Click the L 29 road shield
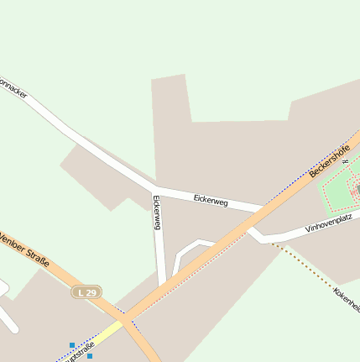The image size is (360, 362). pyautogui.click(x=86, y=291)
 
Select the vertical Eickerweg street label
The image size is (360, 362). pyautogui.click(x=156, y=212)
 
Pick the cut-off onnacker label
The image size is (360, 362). pyautogui.click(x=13, y=88)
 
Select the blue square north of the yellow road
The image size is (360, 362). pyautogui.click(x=72, y=344)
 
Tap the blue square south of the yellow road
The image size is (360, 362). pyautogui.click(x=90, y=356)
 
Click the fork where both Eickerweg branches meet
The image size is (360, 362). pyautogui.click(x=155, y=186)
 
